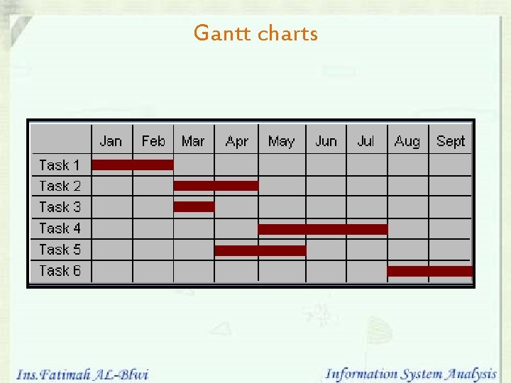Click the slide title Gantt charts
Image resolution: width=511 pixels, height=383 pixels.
(x=255, y=33)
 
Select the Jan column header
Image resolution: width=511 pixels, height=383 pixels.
(x=111, y=141)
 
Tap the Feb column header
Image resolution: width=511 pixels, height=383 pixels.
(x=153, y=141)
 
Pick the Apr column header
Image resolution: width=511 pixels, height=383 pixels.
(x=236, y=141)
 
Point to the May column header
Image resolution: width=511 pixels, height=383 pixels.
(x=281, y=141)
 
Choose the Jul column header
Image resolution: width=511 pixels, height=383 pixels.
(x=366, y=141)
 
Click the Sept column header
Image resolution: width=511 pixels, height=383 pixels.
(x=451, y=141)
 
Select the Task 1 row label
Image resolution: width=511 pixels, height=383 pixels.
(x=60, y=165)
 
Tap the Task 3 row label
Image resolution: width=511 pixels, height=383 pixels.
(x=60, y=207)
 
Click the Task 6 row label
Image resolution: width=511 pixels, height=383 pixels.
(x=60, y=271)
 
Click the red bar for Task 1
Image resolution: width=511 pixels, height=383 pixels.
(x=133, y=165)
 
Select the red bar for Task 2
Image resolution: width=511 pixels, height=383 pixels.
(x=216, y=186)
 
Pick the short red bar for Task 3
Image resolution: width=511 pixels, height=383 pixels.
(x=194, y=207)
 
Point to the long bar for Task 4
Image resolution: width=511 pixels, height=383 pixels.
(x=323, y=228)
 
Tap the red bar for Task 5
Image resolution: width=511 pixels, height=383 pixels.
(x=260, y=250)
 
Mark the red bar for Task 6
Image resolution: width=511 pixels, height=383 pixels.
(x=429, y=271)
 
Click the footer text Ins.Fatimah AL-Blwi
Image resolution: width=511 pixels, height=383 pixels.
(x=82, y=374)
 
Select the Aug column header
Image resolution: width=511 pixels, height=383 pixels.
(x=407, y=141)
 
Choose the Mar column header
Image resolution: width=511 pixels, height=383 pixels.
(x=193, y=141)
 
